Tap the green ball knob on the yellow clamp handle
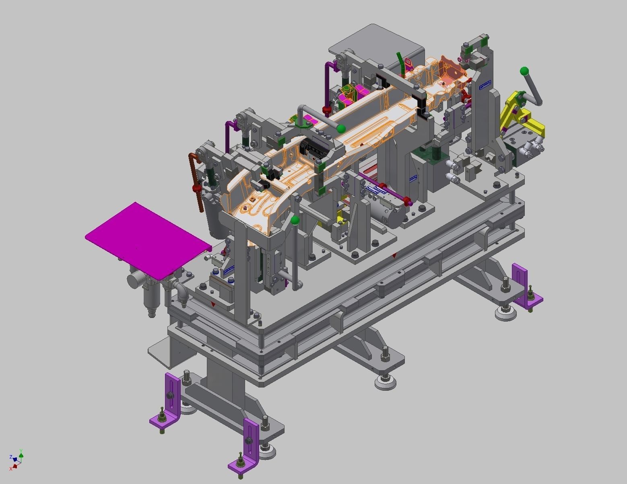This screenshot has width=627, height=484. pyautogui.click(x=524, y=72)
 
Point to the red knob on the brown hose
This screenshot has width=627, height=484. pyautogui.click(x=196, y=188)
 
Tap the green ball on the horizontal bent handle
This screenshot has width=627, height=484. pyautogui.click(x=341, y=129)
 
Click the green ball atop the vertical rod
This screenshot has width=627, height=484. pyautogui.click(x=295, y=220)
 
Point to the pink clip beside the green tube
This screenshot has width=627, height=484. pyautogui.click(x=409, y=64)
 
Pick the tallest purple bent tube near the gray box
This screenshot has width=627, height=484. pyautogui.click(x=328, y=86)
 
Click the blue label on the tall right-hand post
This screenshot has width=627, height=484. pyautogui.click(x=485, y=84)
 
